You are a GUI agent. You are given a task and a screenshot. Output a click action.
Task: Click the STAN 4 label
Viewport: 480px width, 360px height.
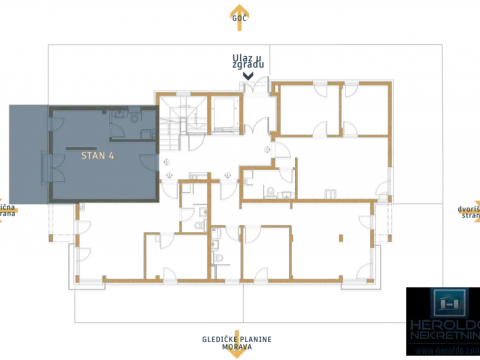pos(97,156)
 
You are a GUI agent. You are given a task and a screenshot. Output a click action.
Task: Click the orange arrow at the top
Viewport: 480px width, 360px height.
pos(238,15)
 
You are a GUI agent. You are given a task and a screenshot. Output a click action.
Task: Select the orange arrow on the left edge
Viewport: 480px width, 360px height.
pos(8,210)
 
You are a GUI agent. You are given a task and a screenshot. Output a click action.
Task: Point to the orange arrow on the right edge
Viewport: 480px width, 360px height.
pos(469,210)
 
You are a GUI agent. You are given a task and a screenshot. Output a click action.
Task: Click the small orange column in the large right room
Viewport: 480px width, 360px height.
pos(341,237)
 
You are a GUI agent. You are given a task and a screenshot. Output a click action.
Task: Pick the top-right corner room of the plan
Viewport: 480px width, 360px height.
pos(364,109)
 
